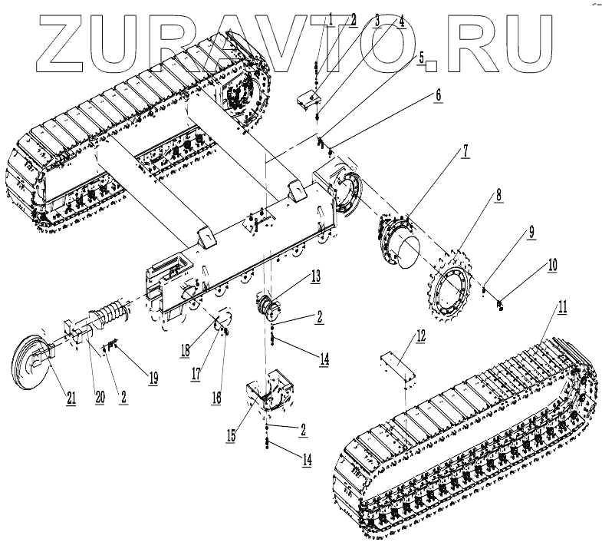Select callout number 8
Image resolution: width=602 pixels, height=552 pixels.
(498, 195)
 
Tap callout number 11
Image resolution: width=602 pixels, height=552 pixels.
(562, 307)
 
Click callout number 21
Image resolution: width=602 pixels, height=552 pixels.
(71, 396)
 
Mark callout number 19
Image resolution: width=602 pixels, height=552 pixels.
(153, 377)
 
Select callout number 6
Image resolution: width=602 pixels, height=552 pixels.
(438, 95)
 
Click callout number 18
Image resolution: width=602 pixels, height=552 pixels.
(185, 351)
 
